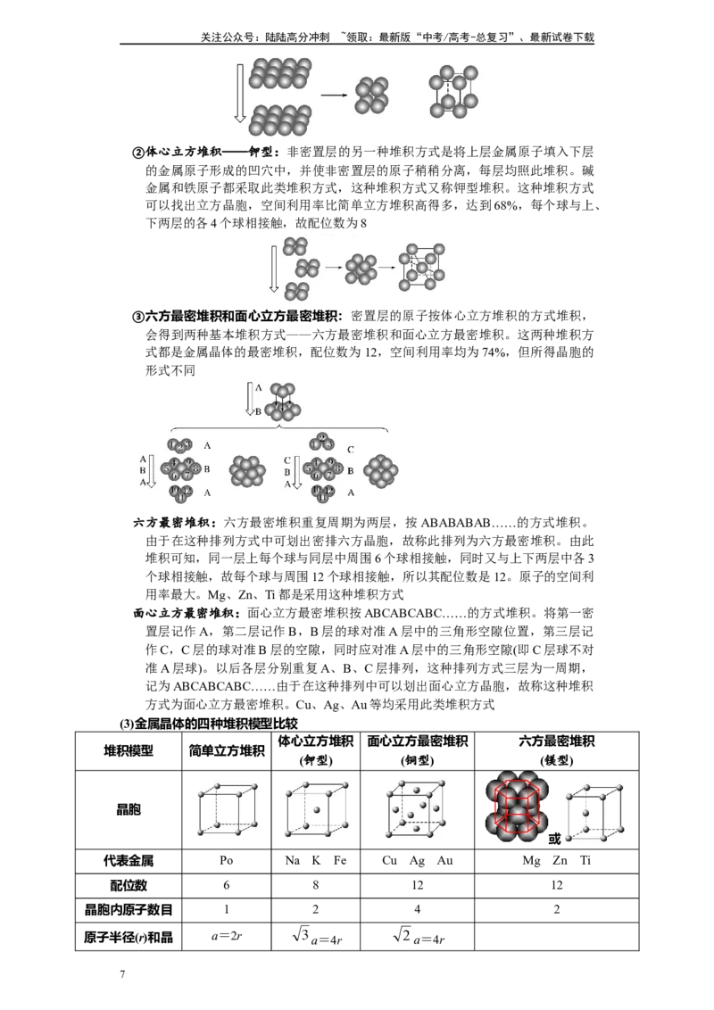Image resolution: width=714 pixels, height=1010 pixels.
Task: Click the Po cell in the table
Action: pyautogui.click(x=226, y=861)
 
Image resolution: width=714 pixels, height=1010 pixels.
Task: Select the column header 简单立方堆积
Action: pyautogui.click(x=226, y=750)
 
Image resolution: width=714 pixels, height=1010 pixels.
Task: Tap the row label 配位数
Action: pyautogui.click(x=129, y=885)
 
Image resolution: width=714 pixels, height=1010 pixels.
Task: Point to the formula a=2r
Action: pyautogui.click(x=226, y=936)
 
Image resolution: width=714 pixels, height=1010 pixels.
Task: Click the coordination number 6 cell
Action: pyautogui.click(x=226, y=885)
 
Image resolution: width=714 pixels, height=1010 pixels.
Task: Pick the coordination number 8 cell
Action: pyautogui.click(x=316, y=885)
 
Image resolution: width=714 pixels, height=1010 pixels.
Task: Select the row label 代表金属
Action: pyautogui.click(x=129, y=861)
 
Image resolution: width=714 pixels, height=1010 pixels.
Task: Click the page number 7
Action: pyautogui.click(x=122, y=974)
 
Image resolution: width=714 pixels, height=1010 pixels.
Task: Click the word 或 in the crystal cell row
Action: pyautogui.click(x=555, y=839)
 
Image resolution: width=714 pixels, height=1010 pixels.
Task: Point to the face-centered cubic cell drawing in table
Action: pyautogui.click(x=416, y=809)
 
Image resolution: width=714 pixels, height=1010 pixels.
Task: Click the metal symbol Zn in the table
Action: pyautogui.click(x=560, y=861)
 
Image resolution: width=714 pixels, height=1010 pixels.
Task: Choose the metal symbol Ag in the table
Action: pyautogui.click(x=417, y=861)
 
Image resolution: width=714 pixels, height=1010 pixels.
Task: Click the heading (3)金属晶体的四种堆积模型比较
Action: pyautogui.click(x=209, y=724)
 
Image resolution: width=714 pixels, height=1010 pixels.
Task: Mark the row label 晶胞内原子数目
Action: pyautogui.click(x=129, y=909)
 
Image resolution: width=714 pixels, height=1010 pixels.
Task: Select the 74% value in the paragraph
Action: pyautogui.click(x=494, y=352)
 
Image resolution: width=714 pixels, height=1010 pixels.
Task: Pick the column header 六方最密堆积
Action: pyautogui.click(x=557, y=741)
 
